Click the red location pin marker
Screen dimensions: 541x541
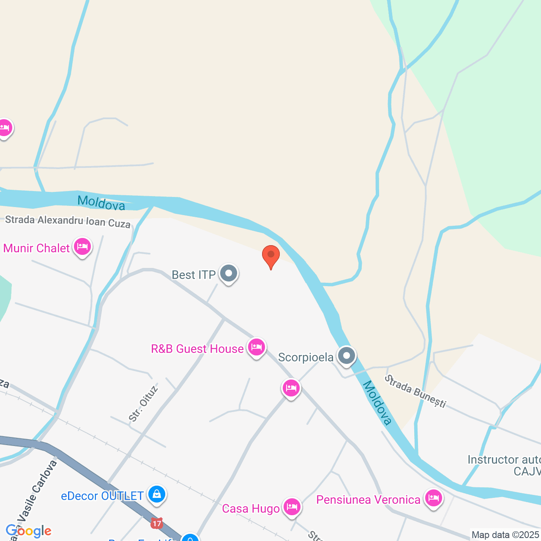tap(271, 255)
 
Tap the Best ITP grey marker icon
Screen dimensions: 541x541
tap(229, 273)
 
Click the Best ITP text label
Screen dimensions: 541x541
tap(194, 275)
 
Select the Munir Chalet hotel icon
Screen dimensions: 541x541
tap(82, 246)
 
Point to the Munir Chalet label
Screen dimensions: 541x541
tap(36, 248)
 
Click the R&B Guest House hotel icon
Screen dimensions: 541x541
tap(257, 347)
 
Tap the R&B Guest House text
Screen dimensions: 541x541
tap(197, 349)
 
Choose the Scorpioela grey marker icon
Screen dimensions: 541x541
tap(347, 355)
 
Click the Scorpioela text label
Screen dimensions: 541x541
tap(306, 358)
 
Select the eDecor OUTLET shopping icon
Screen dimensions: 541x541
tap(157, 494)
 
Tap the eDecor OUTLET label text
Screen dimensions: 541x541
tap(102, 496)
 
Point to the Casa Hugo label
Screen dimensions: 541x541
tap(251, 508)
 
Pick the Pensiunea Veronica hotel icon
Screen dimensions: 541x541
tap(433, 498)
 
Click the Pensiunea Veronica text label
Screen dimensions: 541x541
tap(368, 500)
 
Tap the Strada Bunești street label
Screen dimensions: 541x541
tap(415, 391)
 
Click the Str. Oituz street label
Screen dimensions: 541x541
tap(143, 404)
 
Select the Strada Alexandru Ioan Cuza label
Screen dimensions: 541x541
tap(68, 221)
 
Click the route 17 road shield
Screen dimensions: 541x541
tap(157, 524)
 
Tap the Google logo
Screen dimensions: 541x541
tap(28, 531)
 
